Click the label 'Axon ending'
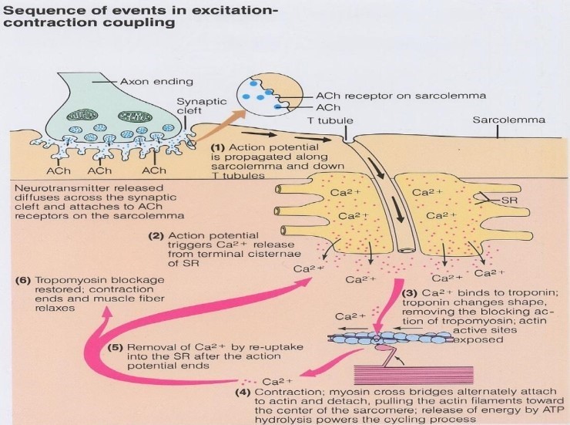click(156, 81)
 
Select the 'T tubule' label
click(330, 120)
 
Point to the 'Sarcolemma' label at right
click(508, 120)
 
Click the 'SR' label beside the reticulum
click(509, 200)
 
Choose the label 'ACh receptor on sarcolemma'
click(401, 96)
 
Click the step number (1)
click(218, 148)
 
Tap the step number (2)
click(156, 236)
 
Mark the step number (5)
click(116, 347)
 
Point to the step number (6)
click(22, 280)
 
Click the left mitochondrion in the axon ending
click(82, 116)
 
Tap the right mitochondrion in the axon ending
click(134, 116)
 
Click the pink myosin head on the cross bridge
click(382, 348)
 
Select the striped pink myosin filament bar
click(414, 375)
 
